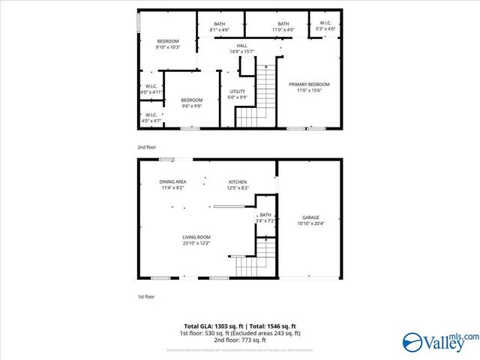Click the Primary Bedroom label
(309, 85)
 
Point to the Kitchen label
(238, 182)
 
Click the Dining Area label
(172, 182)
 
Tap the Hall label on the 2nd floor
(241, 46)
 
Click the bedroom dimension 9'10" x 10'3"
(168, 47)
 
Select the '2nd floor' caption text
(146, 147)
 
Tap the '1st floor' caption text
(145, 297)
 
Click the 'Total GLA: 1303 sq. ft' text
(207, 326)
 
